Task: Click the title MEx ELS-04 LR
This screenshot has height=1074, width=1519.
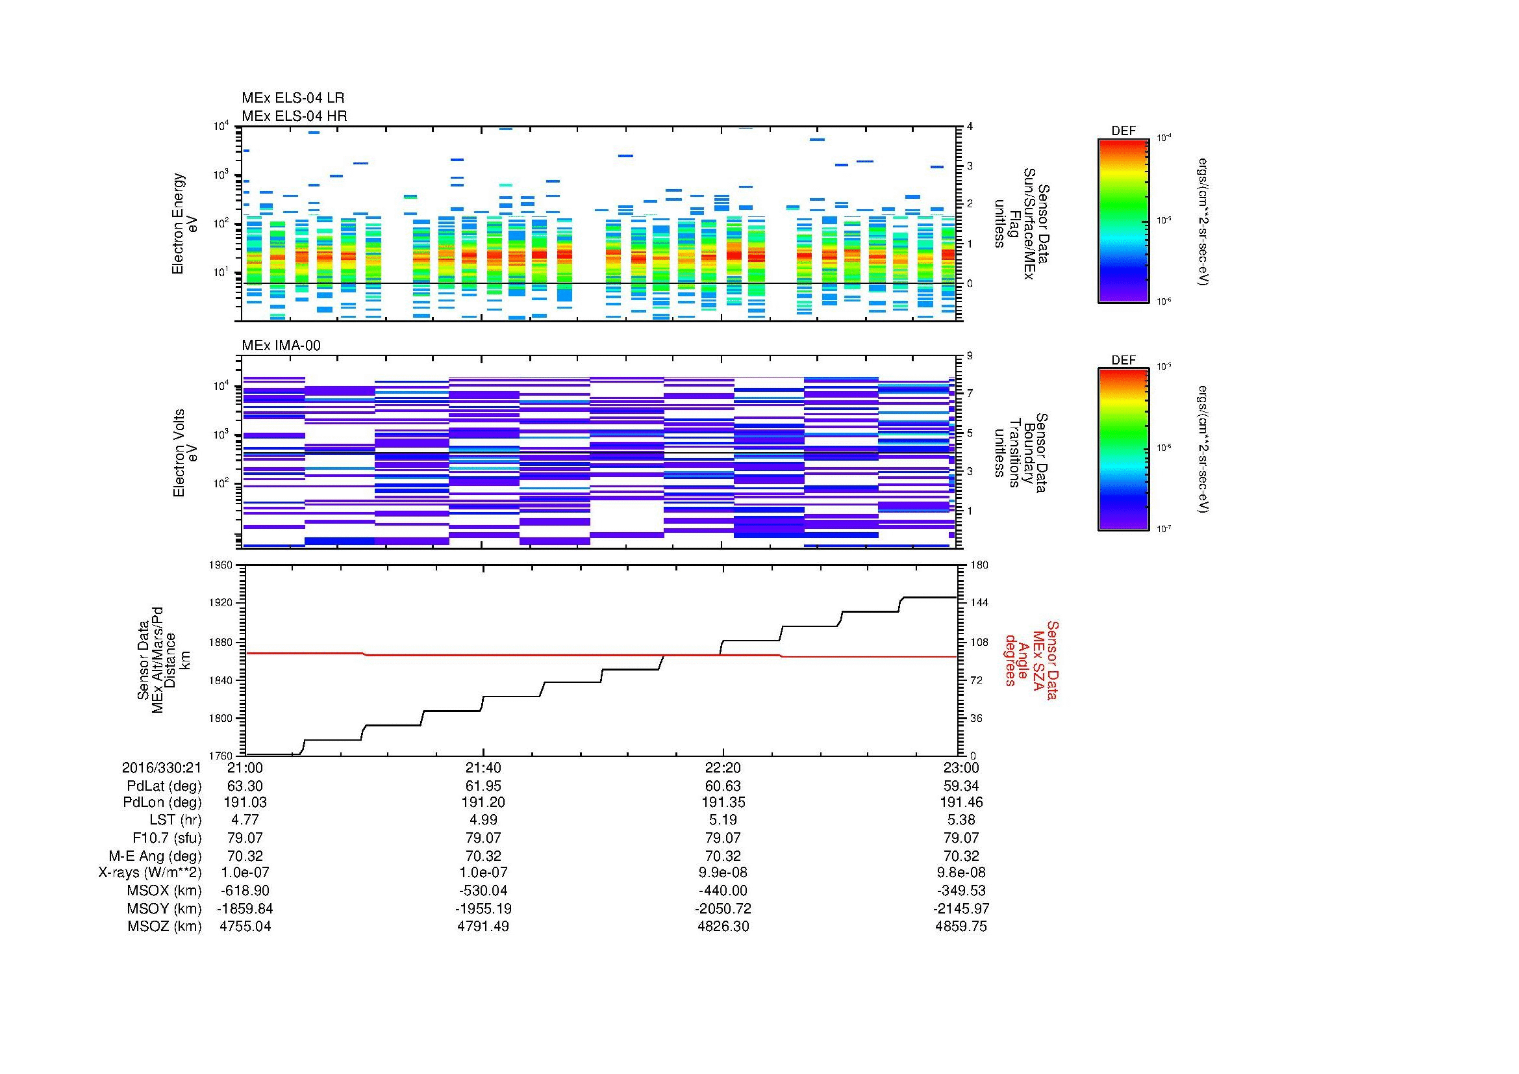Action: point(292,98)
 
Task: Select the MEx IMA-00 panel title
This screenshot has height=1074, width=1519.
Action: point(281,346)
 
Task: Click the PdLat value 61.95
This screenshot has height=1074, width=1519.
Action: point(483,786)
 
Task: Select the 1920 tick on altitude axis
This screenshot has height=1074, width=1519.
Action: point(219,603)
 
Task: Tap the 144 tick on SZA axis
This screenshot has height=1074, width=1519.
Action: point(979,603)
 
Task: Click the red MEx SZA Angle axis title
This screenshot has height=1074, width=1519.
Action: point(1031,659)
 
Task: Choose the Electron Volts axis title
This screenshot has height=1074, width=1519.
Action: point(185,453)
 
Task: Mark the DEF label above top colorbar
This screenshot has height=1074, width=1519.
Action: point(1123,131)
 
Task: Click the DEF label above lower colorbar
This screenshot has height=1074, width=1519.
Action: point(1123,360)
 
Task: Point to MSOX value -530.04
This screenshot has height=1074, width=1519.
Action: point(483,891)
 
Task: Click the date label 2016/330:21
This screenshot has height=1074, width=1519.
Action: point(162,767)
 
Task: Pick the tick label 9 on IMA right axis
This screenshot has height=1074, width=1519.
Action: point(970,355)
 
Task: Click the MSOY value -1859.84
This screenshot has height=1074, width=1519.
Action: point(245,908)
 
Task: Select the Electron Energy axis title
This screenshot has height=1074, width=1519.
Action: point(185,224)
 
